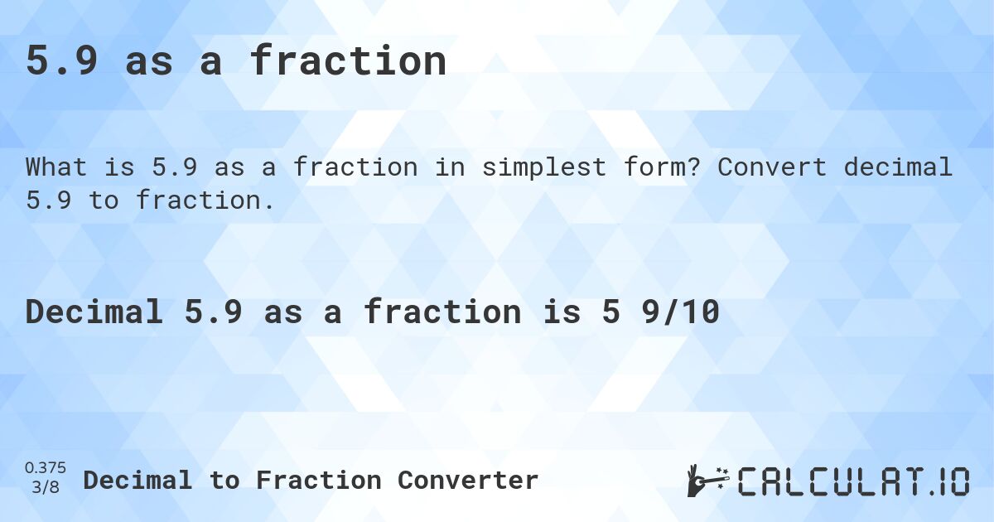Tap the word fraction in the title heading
[348, 61]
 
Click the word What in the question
[56, 167]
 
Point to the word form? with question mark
[654, 167]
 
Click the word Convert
[772, 167]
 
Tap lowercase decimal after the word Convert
[898, 167]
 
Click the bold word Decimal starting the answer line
[94, 312]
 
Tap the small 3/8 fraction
[46, 488]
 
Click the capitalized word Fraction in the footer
[318, 480]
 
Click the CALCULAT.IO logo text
[853, 481]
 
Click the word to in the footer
[224, 480]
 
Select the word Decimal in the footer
[138, 480]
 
